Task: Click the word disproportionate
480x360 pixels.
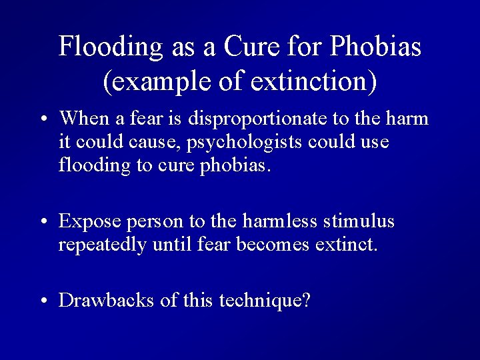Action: [263, 119]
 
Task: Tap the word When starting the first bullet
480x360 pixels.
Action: [84, 119]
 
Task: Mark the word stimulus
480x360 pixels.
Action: [365, 221]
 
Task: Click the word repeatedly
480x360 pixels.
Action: [103, 245]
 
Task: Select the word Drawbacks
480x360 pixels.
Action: [107, 301]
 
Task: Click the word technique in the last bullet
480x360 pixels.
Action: [262, 301]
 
